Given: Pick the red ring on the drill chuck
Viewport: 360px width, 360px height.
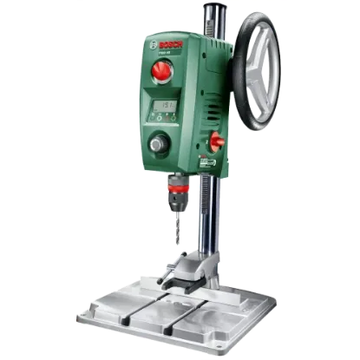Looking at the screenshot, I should pos(180,188).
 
